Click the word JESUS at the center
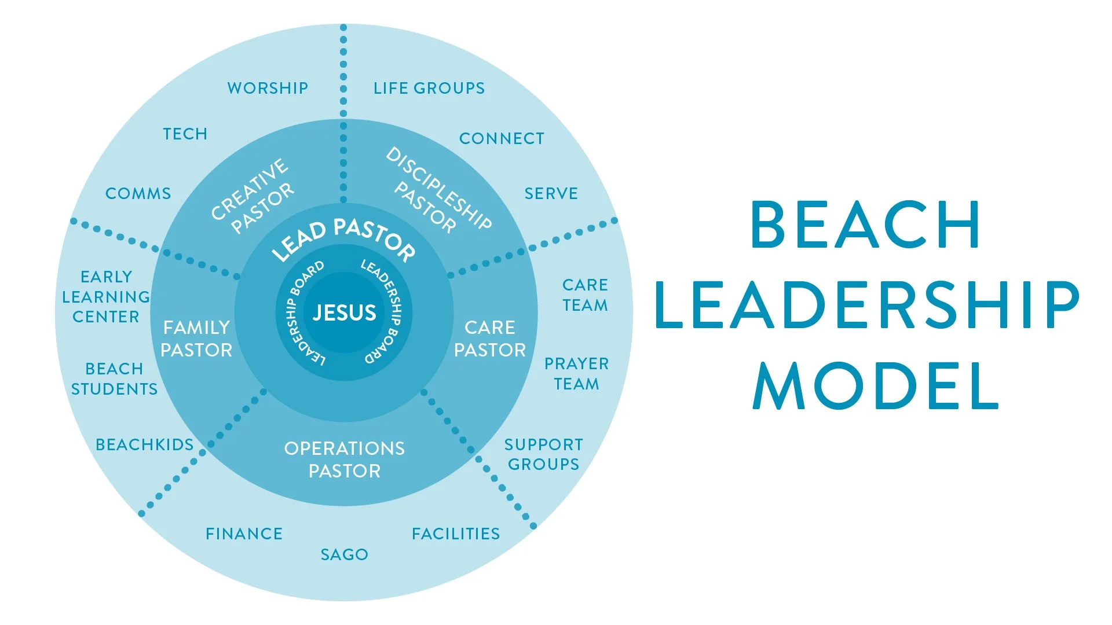(344, 313)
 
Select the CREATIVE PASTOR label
(253, 196)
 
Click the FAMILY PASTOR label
(196, 339)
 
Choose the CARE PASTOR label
(490, 339)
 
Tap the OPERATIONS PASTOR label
(345, 459)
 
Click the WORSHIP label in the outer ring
(268, 88)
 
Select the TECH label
(185, 134)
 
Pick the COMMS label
(138, 193)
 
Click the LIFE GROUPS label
(429, 88)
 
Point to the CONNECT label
(502, 138)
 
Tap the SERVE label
(551, 193)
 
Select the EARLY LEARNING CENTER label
(106, 297)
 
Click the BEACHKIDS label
(145, 444)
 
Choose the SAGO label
(345, 554)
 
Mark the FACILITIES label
(456, 534)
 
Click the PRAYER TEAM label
(577, 374)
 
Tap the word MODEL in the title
(876, 386)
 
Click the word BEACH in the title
(865, 225)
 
